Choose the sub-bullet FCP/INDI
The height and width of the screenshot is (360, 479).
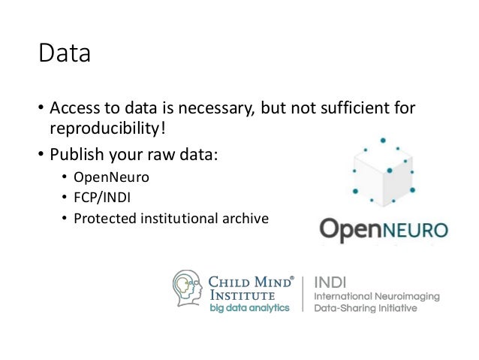(x=100, y=198)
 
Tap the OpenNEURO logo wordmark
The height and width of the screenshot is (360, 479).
(x=383, y=228)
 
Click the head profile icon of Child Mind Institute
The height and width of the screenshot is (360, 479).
(x=187, y=289)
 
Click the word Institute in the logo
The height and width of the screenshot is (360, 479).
(x=238, y=295)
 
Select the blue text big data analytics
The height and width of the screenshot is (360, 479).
(x=249, y=309)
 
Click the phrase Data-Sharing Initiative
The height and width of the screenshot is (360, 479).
(x=364, y=309)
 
